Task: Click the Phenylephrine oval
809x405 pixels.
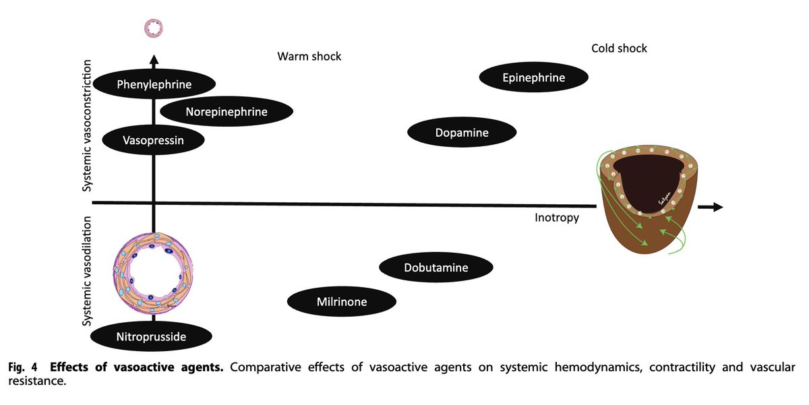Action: [154, 84]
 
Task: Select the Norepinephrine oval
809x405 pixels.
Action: [227, 112]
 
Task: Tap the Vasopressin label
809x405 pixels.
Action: [154, 140]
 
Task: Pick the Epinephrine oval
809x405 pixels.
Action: [533, 77]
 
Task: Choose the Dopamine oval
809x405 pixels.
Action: [462, 133]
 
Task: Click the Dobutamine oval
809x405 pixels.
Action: [436, 268]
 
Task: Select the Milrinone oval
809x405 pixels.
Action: [342, 301]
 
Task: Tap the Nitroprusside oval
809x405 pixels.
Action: [151, 336]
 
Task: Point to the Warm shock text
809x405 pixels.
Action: [309, 57]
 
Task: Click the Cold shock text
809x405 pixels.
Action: [619, 48]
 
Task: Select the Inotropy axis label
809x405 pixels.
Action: [556, 218]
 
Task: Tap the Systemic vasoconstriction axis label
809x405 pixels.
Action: [87, 126]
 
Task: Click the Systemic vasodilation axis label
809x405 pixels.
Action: [87, 271]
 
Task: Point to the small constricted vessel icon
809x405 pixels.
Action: [154, 28]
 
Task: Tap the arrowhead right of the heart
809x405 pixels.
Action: [716, 208]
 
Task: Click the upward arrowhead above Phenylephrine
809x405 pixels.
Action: [154, 61]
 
